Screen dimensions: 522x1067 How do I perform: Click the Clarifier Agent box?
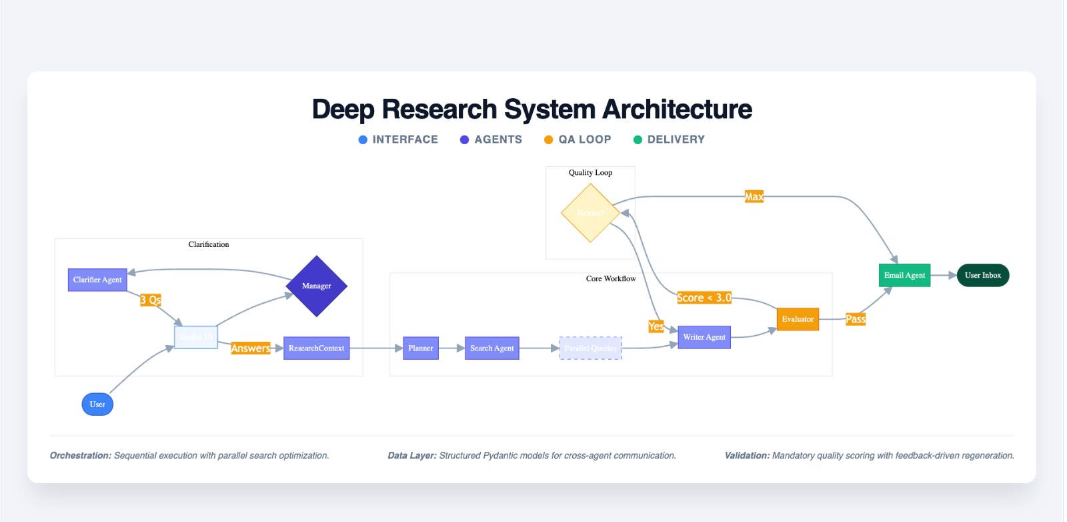pyautogui.click(x=97, y=280)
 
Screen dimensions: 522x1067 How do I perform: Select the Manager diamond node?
pyautogui.click(x=316, y=286)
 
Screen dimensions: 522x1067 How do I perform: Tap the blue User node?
pyautogui.click(x=97, y=404)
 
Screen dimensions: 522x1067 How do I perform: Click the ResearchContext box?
pyautogui.click(x=316, y=348)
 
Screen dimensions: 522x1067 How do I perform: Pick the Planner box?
pyautogui.click(x=421, y=348)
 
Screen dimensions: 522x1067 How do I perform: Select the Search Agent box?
pyautogui.click(x=491, y=348)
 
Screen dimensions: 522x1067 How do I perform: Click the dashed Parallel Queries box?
pyautogui.click(x=590, y=348)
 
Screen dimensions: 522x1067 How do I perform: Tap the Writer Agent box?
pyautogui.click(x=704, y=337)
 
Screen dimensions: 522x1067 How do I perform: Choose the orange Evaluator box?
pyautogui.click(x=798, y=319)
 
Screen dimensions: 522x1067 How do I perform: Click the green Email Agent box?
pyautogui.click(x=904, y=275)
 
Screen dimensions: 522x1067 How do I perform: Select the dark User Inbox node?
pyautogui.click(x=982, y=275)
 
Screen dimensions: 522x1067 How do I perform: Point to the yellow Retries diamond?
pyautogui.click(x=590, y=213)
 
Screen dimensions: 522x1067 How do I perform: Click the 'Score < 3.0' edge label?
pyautogui.click(x=704, y=298)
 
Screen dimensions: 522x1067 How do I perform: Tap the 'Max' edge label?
pyautogui.click(x=754, y=196)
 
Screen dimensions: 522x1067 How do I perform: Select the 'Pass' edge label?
pyautogui.click(x=855, y=319)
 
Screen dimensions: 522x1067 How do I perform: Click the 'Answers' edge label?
pyautogui.click(x=250, y=348)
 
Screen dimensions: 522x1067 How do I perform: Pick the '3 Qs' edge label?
pyautogui.click(x=151, y=300)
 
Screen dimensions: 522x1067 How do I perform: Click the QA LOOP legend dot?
pyautogui.click(x=548, y=140)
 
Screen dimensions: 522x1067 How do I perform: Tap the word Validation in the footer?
pyautogui.click(x=746, y=455)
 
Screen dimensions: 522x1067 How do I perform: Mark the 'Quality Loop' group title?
pyautogui.click(x=590, y=172)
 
